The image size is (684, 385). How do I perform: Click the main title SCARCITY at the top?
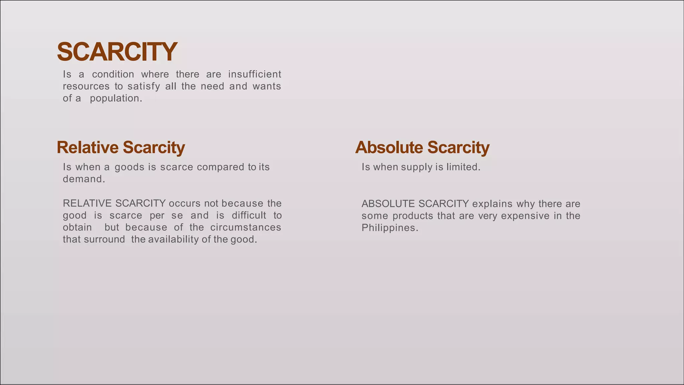(x=117, y=52)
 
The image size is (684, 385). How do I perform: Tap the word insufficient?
(x=254, y=74)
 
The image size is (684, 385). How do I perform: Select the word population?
(x=116, y=98)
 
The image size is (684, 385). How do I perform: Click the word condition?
(x=113, y=74)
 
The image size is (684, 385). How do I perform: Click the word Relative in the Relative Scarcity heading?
(x=88, y=147)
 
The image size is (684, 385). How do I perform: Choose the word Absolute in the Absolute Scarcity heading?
(x=389, y=147)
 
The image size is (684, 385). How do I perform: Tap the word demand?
(x=84, y=179)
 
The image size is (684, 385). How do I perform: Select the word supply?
(x=417, y=167)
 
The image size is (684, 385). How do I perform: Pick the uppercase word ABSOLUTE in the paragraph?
(x=388, y=204)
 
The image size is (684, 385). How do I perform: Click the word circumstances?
(x=245, y=227)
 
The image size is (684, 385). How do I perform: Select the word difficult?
(x=249, y=215)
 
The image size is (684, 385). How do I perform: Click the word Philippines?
(x=390, y=228)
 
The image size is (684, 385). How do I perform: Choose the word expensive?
(x=525, y=216)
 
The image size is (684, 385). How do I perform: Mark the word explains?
(x=492, y=204)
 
